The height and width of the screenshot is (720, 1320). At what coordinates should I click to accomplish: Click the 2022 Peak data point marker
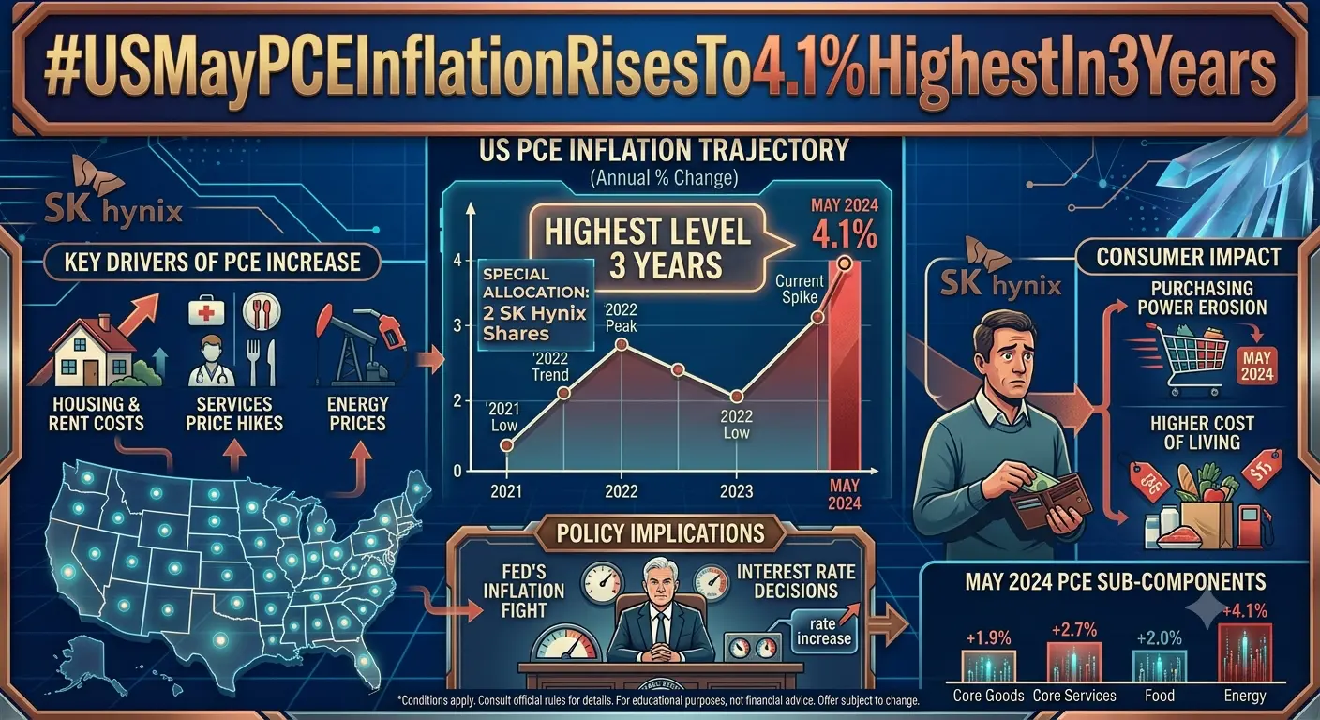pos(622,344)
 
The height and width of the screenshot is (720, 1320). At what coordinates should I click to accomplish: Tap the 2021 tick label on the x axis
pos(506,491)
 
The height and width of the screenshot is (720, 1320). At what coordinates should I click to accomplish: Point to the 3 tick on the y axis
pos(457,326)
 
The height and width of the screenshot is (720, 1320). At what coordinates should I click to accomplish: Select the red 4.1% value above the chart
pos(845,234)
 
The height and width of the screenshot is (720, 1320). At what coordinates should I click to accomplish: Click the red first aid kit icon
pos(206,310)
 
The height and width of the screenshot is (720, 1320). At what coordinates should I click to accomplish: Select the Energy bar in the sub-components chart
pos(1245,652)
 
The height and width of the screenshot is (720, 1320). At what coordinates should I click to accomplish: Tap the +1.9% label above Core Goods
pos(988,638)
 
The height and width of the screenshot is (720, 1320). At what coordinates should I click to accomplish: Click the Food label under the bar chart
pos(1159,696)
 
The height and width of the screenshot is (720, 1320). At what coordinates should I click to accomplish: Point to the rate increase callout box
pos(823,631)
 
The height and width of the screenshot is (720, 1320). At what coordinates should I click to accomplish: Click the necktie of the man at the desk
pos(661,629)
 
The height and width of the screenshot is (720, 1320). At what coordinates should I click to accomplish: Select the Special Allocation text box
pos(535,305)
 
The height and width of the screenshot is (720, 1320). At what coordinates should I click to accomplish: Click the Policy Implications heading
pos(660,533)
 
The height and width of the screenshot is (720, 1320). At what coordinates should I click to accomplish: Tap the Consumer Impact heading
pos(1189,257)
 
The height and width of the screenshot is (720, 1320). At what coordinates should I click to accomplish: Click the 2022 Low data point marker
pos(736,397)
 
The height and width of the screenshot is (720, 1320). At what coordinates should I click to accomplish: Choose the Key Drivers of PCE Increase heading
pos(212,262)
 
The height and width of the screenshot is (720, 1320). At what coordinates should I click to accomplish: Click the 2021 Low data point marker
pos(506,445)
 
